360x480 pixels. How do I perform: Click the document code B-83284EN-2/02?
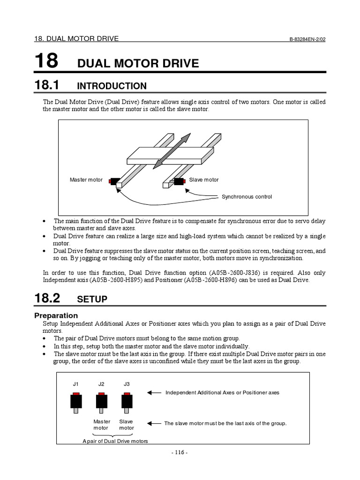(x=307, y=39)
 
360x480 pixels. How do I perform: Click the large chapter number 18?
(x=46, y=61)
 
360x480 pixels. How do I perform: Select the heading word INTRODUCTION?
(x=112, y=86)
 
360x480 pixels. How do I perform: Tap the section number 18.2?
(x=48, y=299)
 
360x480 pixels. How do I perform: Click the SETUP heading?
(x=92, y=300)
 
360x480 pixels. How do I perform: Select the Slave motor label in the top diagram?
(x=203, y=180)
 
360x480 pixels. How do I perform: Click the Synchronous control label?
(x=247, y=197)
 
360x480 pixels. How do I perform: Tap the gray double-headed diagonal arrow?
(x=172, y=150)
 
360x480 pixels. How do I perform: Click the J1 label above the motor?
(x=76, y=384)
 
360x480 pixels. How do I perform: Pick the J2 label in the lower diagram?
(x=101, y=384)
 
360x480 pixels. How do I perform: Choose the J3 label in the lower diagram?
(x=127, y=384)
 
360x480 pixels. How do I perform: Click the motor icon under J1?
(x=76, y=402)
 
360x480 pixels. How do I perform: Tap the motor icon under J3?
(x=127, y=402)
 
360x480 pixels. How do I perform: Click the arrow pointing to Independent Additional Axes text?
(x=154, y=393)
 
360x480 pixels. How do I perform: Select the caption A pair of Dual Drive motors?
(x=115, y=441)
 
